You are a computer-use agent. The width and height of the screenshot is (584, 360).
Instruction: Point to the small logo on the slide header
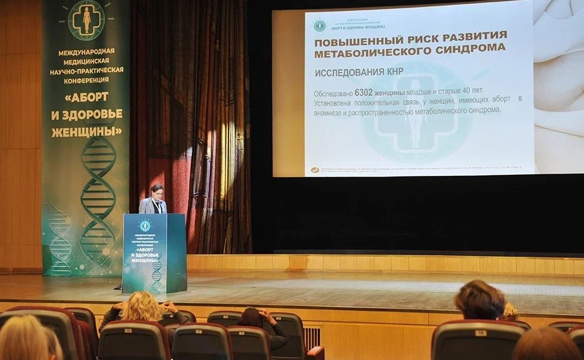pos(320,25)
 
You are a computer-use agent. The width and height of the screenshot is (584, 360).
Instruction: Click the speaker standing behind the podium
pos(154,199)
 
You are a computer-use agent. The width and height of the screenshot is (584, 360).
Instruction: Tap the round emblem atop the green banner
pos(87,20)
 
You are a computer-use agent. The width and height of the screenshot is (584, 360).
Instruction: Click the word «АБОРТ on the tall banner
pos(87,96)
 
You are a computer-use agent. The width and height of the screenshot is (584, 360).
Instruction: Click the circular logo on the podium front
pos(144,225)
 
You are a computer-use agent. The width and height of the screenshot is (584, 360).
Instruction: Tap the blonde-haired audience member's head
pos(141,306)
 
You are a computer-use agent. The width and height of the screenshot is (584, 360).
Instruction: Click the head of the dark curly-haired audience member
pos(480,299)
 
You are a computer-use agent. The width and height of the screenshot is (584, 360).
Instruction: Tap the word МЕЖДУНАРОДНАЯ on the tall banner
pos(87,52)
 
